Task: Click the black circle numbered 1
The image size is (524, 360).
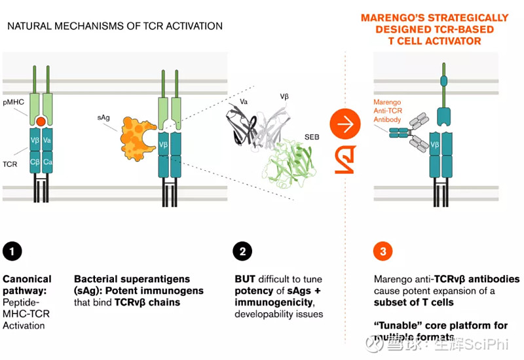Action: click(12, 251)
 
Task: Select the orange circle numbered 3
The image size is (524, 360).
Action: click(383, 251)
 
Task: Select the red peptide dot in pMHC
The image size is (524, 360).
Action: click(41, 121)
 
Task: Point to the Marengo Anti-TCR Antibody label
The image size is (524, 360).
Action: click(389, 110)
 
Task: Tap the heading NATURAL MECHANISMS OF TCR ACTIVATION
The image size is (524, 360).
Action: click(115, 26)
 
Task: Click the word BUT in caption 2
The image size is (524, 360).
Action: click(246, 279)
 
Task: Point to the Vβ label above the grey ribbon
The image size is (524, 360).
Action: click(284, 96)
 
